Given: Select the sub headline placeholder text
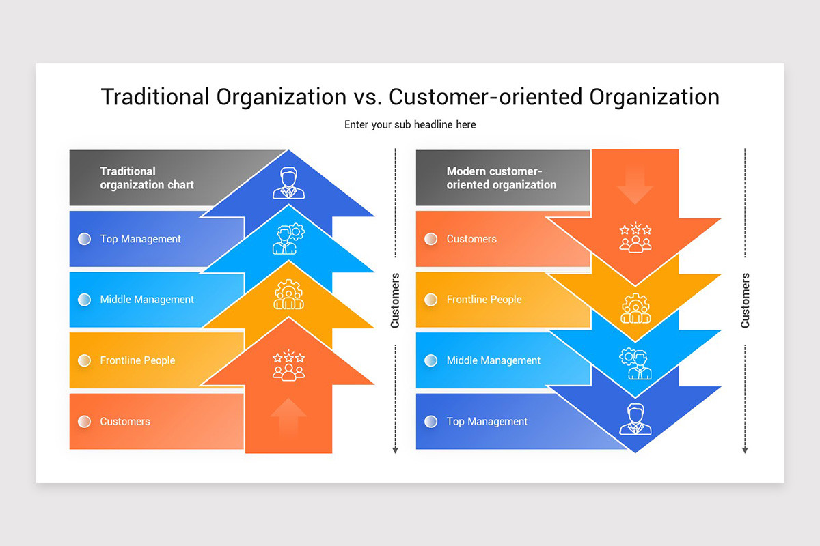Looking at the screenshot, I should pos(410,124).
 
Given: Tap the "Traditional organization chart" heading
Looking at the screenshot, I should pos(147,177).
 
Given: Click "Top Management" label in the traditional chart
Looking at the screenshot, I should pos(140,239).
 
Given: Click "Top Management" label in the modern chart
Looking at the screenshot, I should pos(487,421).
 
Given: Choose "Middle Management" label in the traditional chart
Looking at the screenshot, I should pos(147,299).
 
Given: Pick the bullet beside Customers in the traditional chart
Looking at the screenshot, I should pos(84,421).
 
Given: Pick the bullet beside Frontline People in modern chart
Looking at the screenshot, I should pos(430,299).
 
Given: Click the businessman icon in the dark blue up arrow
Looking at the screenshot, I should pos(288,183).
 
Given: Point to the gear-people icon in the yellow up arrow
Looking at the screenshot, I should pos(288,295).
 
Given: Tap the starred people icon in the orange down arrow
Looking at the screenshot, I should pos(635,237).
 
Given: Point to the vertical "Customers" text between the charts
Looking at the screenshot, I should pos(395,300).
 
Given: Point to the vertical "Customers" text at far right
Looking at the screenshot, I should pos(745,300).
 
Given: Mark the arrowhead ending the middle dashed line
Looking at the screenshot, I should pos(395,450).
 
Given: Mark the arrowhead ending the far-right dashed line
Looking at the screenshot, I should pos(745,450).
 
